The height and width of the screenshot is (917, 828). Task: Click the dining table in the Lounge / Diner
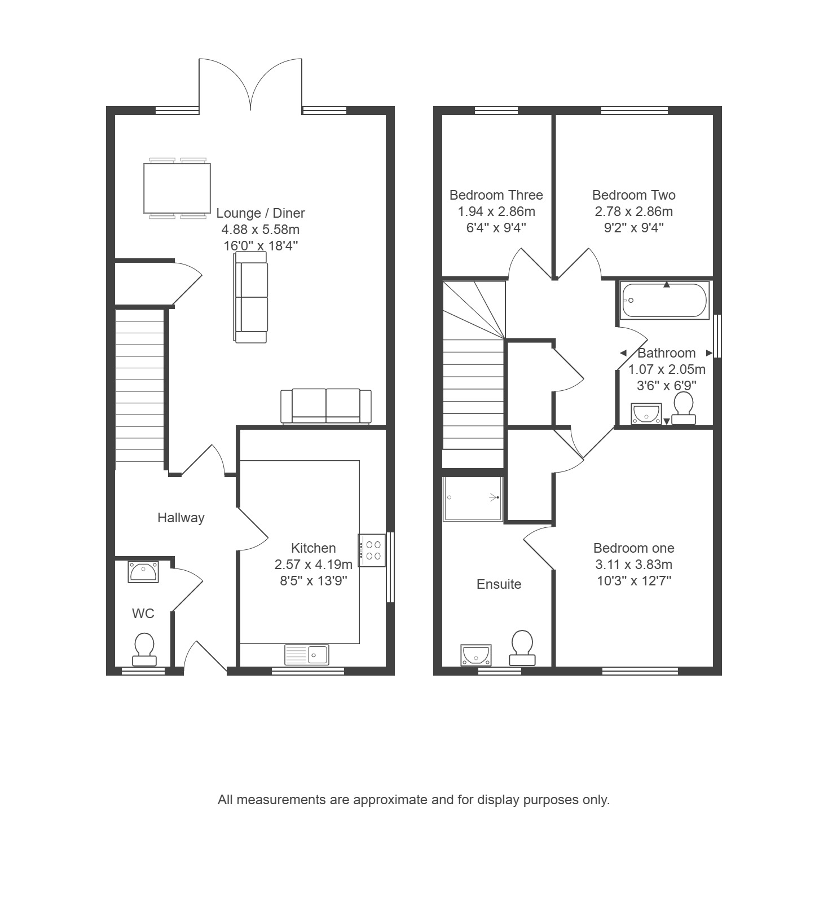click(x=177, y=188)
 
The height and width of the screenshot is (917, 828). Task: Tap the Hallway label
click(x=181, y=518)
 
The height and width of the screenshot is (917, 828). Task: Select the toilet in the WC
click(x=144, y=650)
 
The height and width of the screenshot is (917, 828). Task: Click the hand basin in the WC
click(x=143, y=571)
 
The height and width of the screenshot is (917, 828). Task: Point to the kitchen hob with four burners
click(x=372, y=550)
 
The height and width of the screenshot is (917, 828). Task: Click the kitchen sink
click(x=307, y=654)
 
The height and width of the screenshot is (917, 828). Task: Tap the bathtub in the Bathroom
click(x=664, y=301)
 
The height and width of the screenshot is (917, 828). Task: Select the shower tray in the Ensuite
click(x=472, y=499)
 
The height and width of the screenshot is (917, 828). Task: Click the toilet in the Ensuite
click(x=522, y=648)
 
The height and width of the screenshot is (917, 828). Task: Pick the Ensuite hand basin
click(x=476, y=655)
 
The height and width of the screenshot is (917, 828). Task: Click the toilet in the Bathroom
click(x=684, y=408)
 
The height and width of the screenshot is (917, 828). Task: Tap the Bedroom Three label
click(x=496, y=195)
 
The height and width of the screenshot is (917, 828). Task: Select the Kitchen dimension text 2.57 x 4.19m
click(x=314, y=564)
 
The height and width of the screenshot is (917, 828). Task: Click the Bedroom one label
click(x=634, y=548)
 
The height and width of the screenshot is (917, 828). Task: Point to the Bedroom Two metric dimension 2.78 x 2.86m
click(x=634, y=211)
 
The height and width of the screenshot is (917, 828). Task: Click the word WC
click(x=143, y=614)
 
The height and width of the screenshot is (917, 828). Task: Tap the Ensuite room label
click(x=499, y=584)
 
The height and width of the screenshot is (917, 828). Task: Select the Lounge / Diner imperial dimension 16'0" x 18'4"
click(x=261, y=246)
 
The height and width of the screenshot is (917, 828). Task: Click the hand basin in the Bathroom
click(x=646, y=413)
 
